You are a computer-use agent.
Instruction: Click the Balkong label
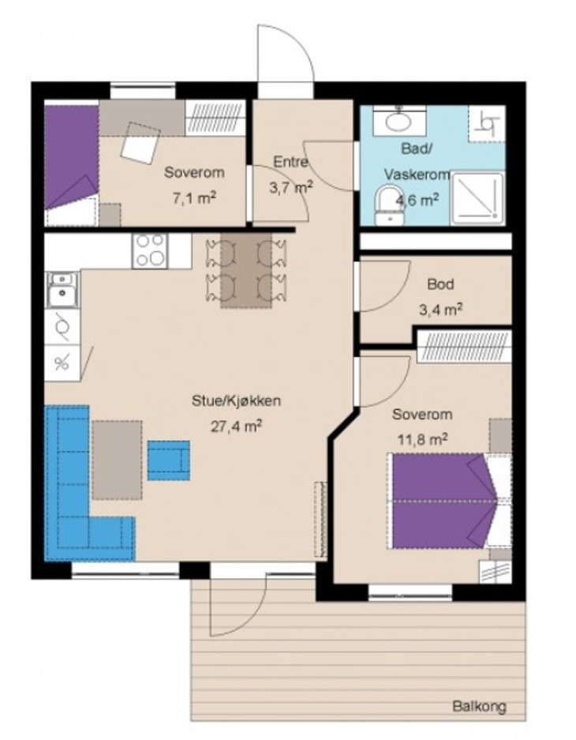pos(479,707)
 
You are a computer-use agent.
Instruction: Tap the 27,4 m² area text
pos(236,426)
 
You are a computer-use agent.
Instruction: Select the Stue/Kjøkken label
pos(236,401)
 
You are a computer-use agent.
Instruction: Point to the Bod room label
pos(441,284)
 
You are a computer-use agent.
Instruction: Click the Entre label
pos(290,162)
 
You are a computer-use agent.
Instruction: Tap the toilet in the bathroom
pos(389,205)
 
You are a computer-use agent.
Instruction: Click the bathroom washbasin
pos(398,120)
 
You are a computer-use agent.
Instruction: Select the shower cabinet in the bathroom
pos(477,198)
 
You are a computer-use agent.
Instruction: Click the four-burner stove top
pos(150,251)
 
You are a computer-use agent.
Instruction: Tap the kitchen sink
pos(62,291)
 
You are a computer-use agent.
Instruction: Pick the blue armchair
pos(169,460)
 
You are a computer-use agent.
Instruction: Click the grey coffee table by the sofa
pos(117,460)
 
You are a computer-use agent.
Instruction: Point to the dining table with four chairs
pos(246,270)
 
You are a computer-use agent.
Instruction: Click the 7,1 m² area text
pos(194,198)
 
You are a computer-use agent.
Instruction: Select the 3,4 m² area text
pos(440,310)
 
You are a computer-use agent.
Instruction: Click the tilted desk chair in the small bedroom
pos(140,143)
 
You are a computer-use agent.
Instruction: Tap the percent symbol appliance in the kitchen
pos(62,363)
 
